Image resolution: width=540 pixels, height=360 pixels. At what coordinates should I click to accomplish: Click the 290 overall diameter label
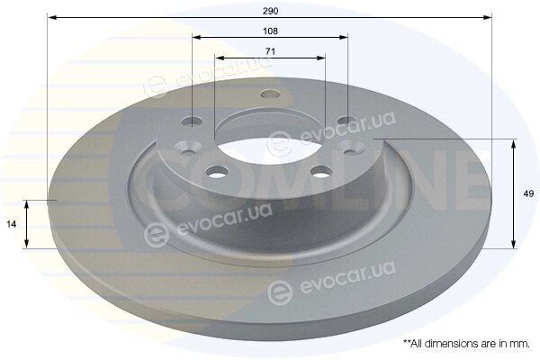270,11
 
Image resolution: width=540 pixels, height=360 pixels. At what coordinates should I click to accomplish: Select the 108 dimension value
270,31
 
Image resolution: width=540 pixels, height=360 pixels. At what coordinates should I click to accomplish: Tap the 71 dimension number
270,51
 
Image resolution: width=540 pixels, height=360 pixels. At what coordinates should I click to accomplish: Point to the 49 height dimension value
528,193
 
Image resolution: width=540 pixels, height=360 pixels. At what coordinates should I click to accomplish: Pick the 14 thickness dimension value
12,225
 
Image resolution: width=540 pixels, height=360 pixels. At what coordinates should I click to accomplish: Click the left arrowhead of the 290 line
52,18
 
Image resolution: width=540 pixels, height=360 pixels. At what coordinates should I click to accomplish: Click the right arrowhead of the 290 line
487,18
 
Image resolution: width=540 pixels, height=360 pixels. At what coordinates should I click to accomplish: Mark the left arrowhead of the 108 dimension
197,37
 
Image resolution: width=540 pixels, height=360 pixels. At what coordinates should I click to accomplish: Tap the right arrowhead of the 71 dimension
320,58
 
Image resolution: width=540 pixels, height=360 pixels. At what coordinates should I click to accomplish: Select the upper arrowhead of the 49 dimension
514,144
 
